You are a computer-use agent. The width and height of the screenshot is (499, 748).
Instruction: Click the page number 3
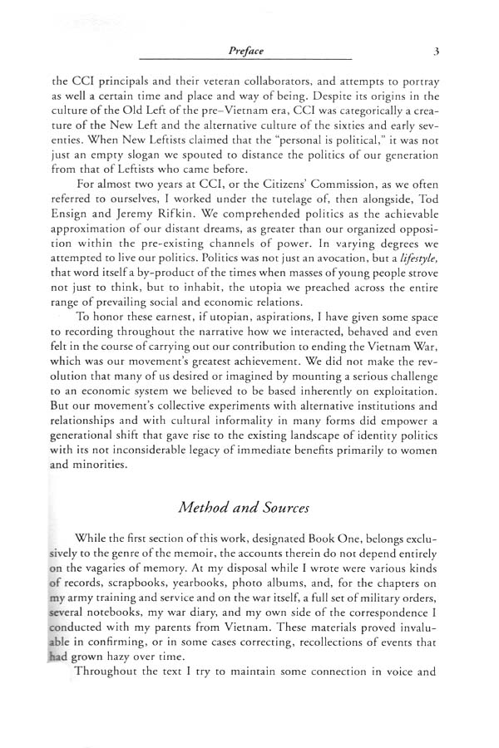436,51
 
